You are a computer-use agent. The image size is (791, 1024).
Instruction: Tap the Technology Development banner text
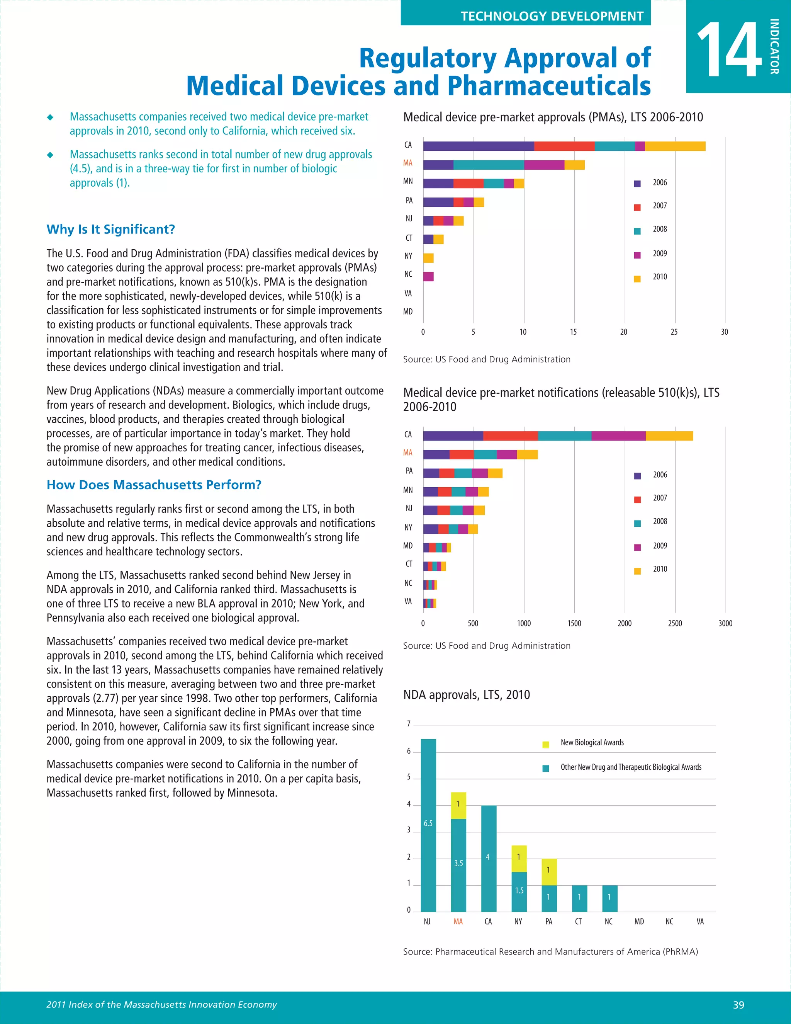coord(552,16)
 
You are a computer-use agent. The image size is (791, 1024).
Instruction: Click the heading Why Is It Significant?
coord(110,229)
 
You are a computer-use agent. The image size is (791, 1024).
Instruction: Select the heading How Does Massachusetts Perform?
coord(154,485)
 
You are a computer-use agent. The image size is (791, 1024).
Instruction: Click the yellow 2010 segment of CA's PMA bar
coord(675,146)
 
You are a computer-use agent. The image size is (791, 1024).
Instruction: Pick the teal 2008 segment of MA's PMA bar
coord(489,165)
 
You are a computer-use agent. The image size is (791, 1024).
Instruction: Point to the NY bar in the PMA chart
coord(428,258)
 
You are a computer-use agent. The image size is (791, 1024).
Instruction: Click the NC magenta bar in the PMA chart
coord(428,277)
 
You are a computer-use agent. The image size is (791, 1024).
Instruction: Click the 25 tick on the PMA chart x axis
coord(674,332)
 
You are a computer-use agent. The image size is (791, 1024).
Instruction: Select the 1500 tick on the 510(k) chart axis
coord(574,624)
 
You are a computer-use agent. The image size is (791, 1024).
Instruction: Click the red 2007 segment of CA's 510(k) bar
coord(510,436)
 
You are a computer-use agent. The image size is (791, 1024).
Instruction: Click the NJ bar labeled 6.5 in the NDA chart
coord(428,825)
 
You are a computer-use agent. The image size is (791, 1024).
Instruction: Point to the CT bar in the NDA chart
coord(579,898)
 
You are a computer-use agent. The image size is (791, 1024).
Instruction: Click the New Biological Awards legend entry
coord(592,743)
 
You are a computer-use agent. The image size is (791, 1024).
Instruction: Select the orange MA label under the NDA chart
coord(458,922)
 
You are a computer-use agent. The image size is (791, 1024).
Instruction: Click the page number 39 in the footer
coord(738,1005)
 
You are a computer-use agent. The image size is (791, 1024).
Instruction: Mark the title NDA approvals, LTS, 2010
coord(467,695)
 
